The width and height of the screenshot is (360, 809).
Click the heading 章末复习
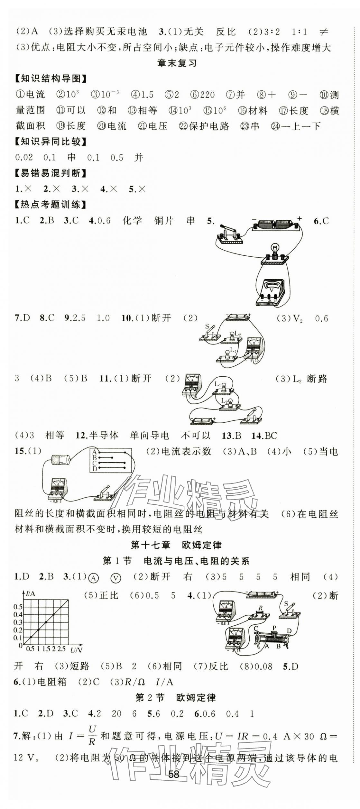pos(177,63)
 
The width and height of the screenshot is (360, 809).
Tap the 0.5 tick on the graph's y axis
pos(18,607)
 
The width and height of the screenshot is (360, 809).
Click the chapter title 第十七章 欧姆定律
pos(176,545)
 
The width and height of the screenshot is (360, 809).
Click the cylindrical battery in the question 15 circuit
pos(60,460)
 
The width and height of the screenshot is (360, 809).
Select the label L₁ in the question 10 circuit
pos(233,351)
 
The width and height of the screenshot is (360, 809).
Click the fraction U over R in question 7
pos(92,736)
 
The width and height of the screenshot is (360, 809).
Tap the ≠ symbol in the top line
pos(323,32)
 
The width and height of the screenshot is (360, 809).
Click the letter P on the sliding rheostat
pos(274,628)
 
